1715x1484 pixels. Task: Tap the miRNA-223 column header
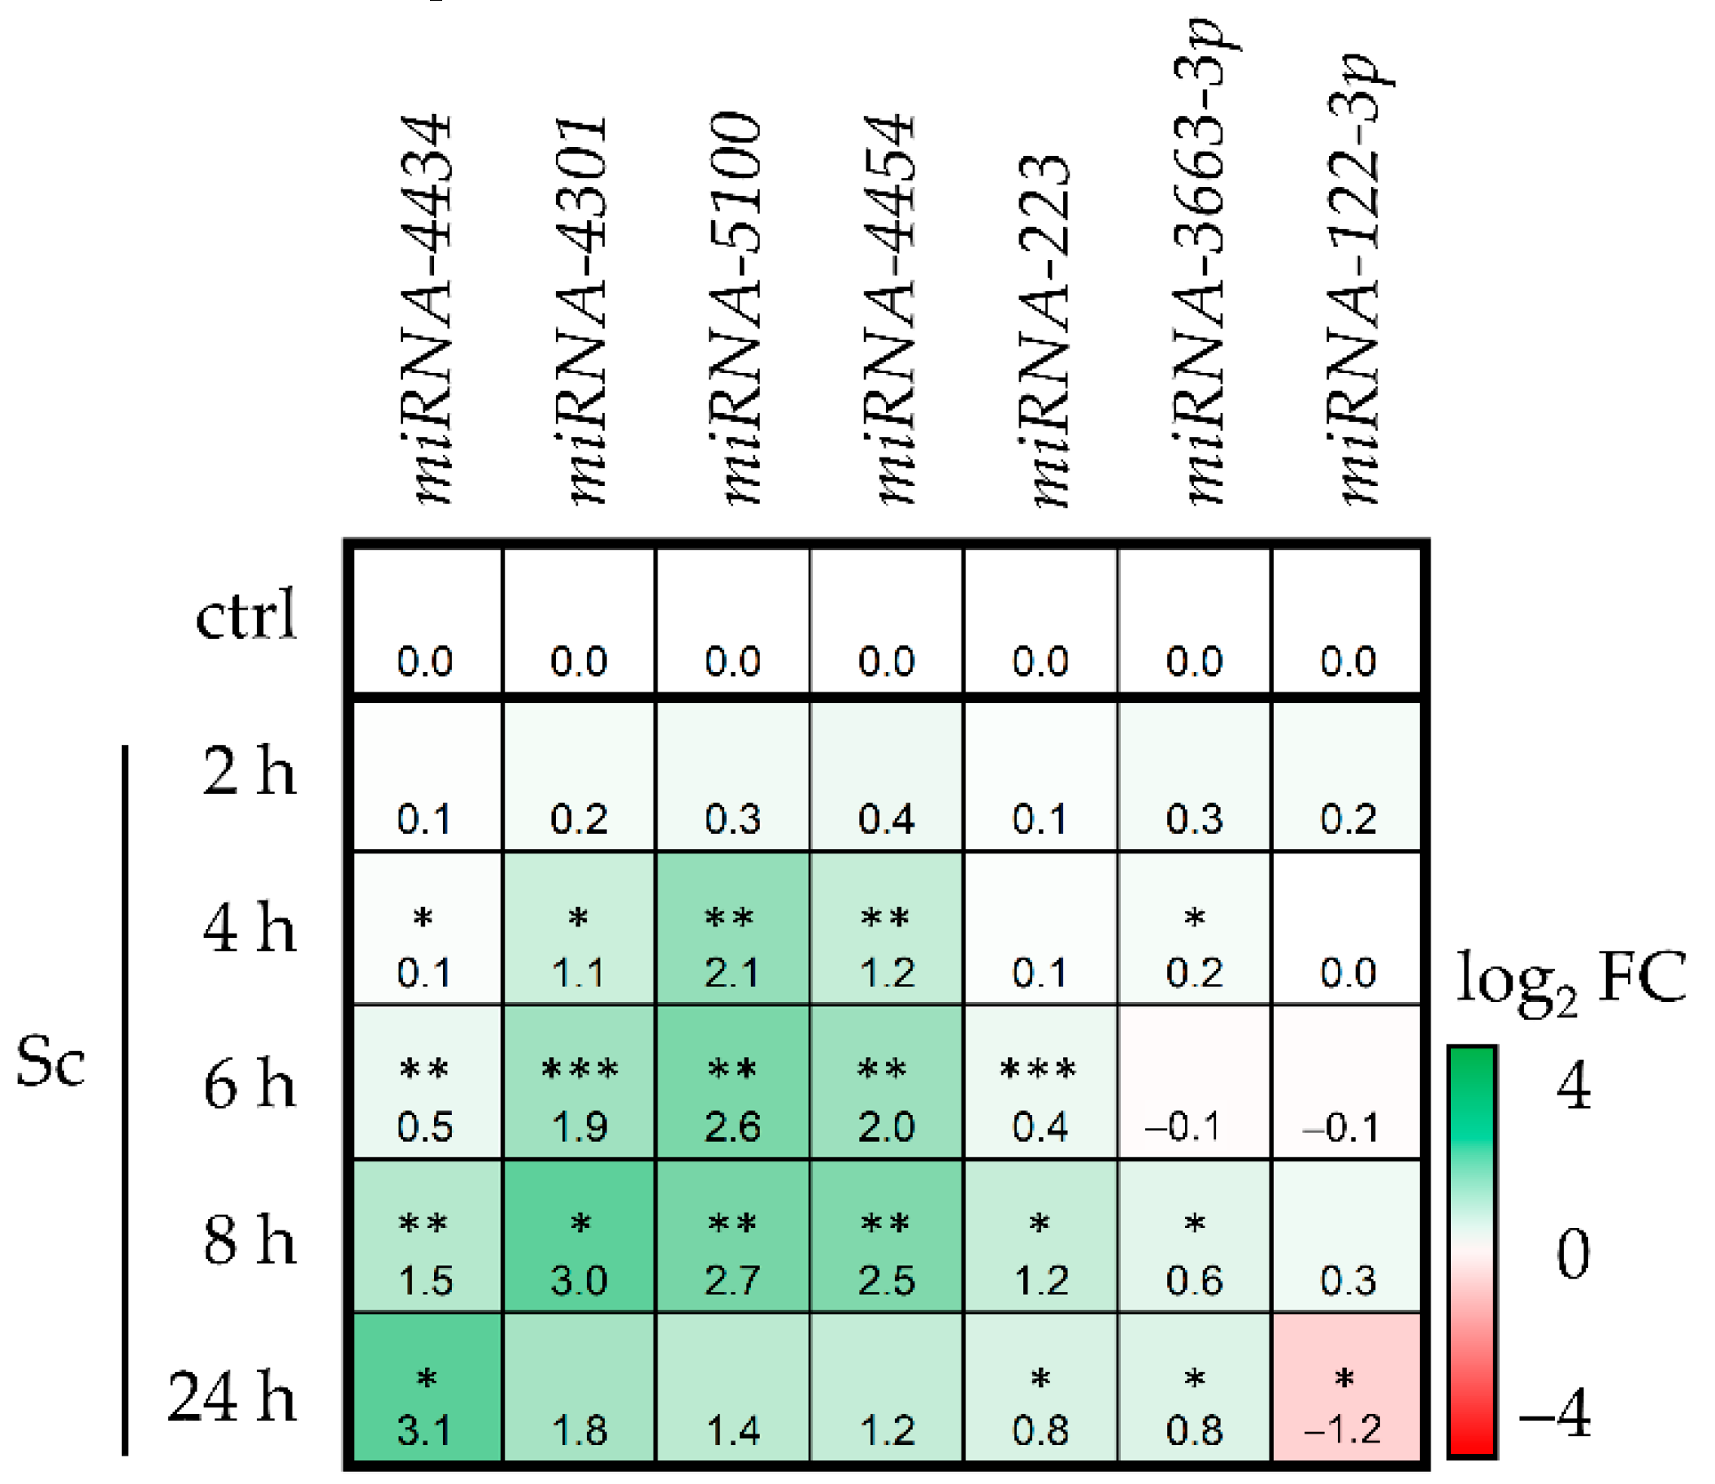[1044, 332]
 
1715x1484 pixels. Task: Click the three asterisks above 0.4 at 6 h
[1039, 1069]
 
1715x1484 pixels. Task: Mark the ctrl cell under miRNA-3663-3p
[1194, 621]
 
